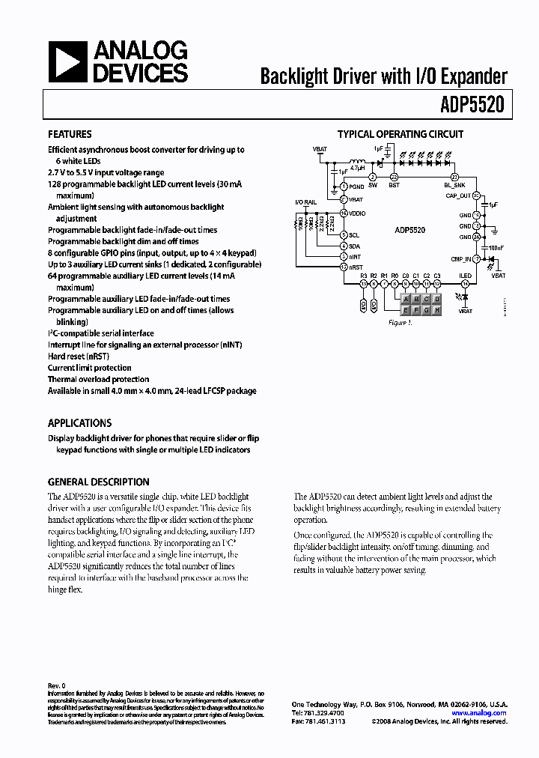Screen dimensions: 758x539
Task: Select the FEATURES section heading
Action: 70,135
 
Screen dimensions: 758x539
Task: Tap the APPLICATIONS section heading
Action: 79,423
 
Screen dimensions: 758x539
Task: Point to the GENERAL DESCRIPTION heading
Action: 99,482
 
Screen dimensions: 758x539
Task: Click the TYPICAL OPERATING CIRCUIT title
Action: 401,135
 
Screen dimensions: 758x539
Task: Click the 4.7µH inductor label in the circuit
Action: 358,170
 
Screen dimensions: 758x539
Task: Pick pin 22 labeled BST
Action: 394,177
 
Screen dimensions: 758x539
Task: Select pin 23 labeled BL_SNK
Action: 454,177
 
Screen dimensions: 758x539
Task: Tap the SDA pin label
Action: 355,246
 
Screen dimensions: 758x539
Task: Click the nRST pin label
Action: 356,267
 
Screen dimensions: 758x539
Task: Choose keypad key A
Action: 406,297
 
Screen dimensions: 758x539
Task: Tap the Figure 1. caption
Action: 401,323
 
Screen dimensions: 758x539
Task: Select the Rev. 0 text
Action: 57,685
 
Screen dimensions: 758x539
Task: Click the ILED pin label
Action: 465,276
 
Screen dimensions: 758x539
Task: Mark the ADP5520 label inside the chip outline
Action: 410,231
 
